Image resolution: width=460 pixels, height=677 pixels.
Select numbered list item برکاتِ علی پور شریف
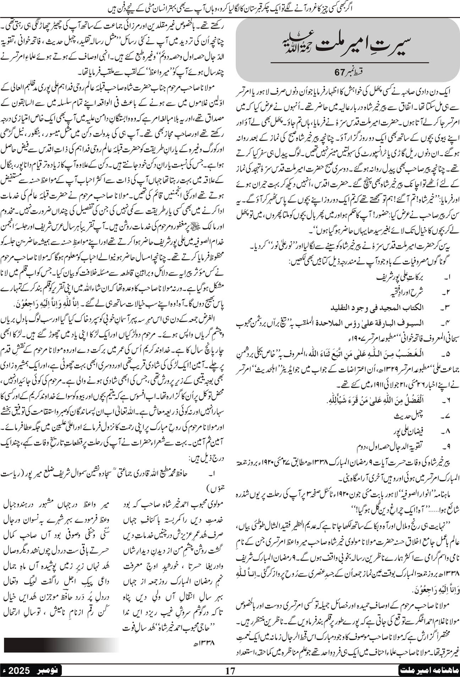point(401,287)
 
